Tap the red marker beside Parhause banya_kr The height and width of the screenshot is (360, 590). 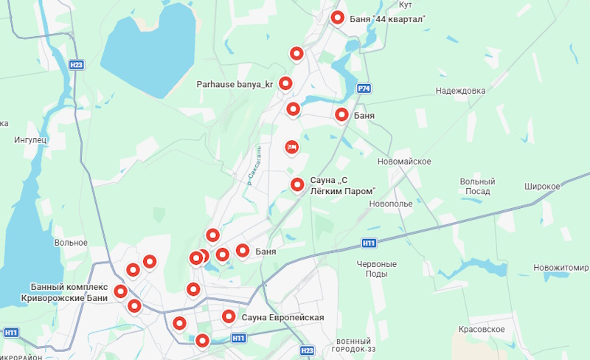click(x=285, y=83)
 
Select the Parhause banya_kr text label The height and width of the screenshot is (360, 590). click(x=235, y=84)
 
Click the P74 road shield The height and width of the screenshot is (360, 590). click(x=363, y=89)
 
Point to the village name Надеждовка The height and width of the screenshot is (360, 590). click(x=460, y=91)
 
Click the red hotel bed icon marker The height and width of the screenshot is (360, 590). click(x=291, y=148)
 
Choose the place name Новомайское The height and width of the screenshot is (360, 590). click(x=403, y=162)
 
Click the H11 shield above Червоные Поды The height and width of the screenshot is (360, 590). click(x=369, y=243)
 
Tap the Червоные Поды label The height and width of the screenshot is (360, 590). click(x=376, y=268)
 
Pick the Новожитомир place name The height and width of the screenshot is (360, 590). click(x=561, y=267)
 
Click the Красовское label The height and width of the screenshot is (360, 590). click(x=481, y=329)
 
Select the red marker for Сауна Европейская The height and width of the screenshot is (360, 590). click(x=229, y=317)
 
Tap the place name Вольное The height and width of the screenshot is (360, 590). click(x=71, y=242)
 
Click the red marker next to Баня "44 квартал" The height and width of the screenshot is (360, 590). click(x=338, y=18)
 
